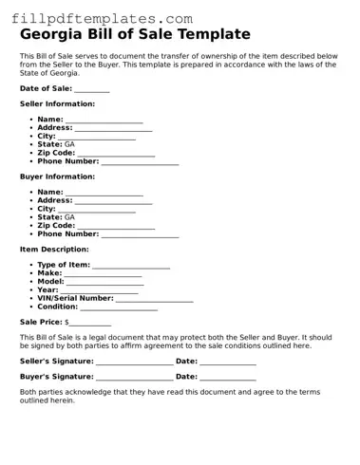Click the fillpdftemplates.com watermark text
pyautogui.click(x=101, y=18)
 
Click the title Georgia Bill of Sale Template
pyautogui.click(x=135, y=34)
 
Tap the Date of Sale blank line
pyautogui.click(x=91, y=88)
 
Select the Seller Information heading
pyautogui.click(x=57, y=103)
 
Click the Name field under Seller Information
pyautogui.click(x=104, y=120)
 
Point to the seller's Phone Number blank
pyautogui.click(x=140, y=161)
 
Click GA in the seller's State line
pyautogui.click(x=69, y=144)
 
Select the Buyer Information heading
pyautogui.click(x=57, y=177)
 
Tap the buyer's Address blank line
pyautogui.click(x=113, y=201)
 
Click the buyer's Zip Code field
pyautogui.click(x=116, y=226)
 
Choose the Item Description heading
pyautogui.click(x=54, y=250)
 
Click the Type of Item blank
pyautogui.click(x=131, y=265)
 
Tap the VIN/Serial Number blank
pyautogui.click(x=154, y=299)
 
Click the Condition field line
pyautogui.click(x=119, y=307)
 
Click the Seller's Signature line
pyautogui.click(x=134, y=361)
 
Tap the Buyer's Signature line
pyautogui.click(x=134, y=377)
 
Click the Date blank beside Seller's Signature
pyautogui.click(x=228, y=361)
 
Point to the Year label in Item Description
pyautogui.click(x=47, y=289)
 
